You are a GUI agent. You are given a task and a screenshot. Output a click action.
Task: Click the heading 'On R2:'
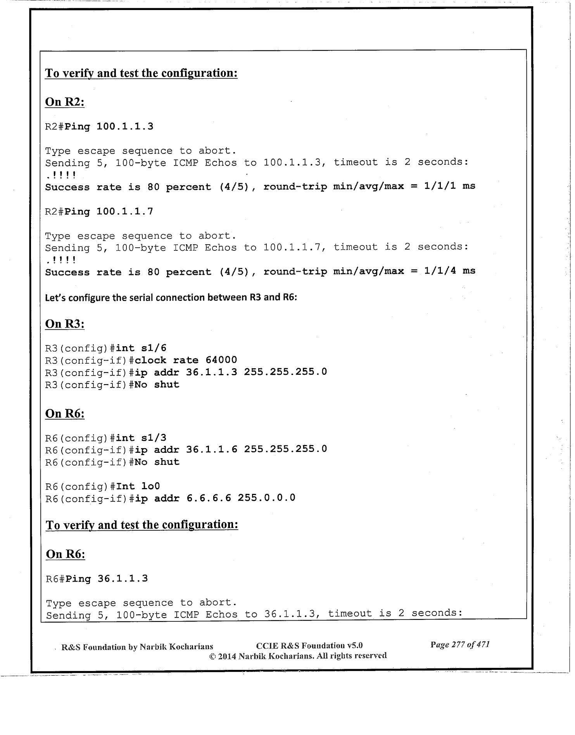coord(65,102)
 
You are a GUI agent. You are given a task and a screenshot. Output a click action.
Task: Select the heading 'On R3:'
coord(65,324)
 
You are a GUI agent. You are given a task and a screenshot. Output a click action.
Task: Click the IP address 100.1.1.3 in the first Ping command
coord(124,126)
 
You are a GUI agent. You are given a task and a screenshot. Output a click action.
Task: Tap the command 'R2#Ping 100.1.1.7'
coord(99,212)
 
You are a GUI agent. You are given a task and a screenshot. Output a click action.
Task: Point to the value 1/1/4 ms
coord(449,271)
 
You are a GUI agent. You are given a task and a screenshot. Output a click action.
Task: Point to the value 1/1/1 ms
coord(449,186)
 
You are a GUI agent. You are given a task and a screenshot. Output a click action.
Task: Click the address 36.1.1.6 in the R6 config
coord(211,449)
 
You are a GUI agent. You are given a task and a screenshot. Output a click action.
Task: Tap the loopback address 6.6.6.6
coord(209,498)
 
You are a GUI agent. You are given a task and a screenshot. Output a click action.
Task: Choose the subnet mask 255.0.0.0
coord(266,498)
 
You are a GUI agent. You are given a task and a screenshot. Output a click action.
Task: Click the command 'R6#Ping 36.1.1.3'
coord(97,579)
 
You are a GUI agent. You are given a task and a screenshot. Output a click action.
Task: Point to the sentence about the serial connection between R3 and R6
coord(171,298)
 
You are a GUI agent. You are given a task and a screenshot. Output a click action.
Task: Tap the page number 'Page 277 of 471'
coord(460,645)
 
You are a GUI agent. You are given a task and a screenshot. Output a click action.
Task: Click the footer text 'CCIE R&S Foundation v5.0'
coord(309,645)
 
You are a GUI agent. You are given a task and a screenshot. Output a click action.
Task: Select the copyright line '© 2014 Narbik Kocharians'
coord(297,656)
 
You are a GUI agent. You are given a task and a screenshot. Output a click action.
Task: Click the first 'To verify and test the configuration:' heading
coord(141,73)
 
